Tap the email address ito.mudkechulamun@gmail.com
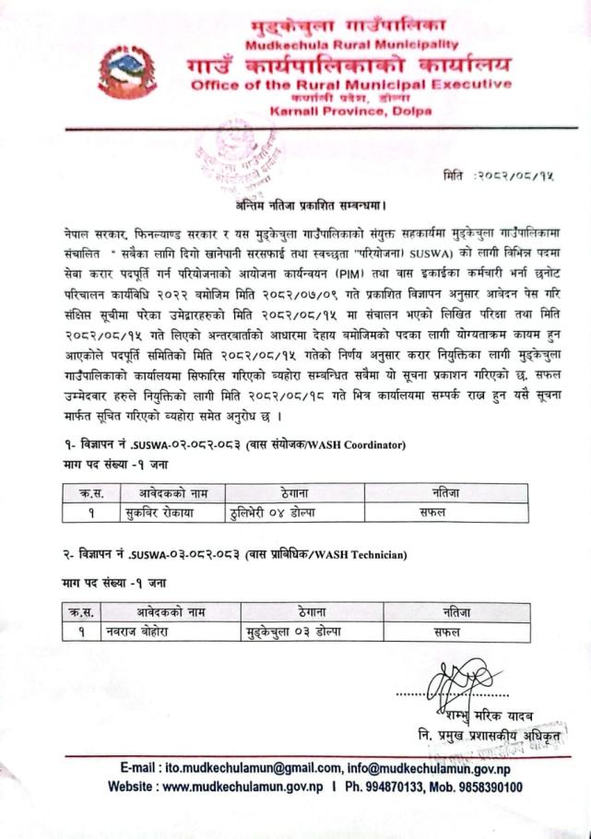(x=233, y=769)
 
